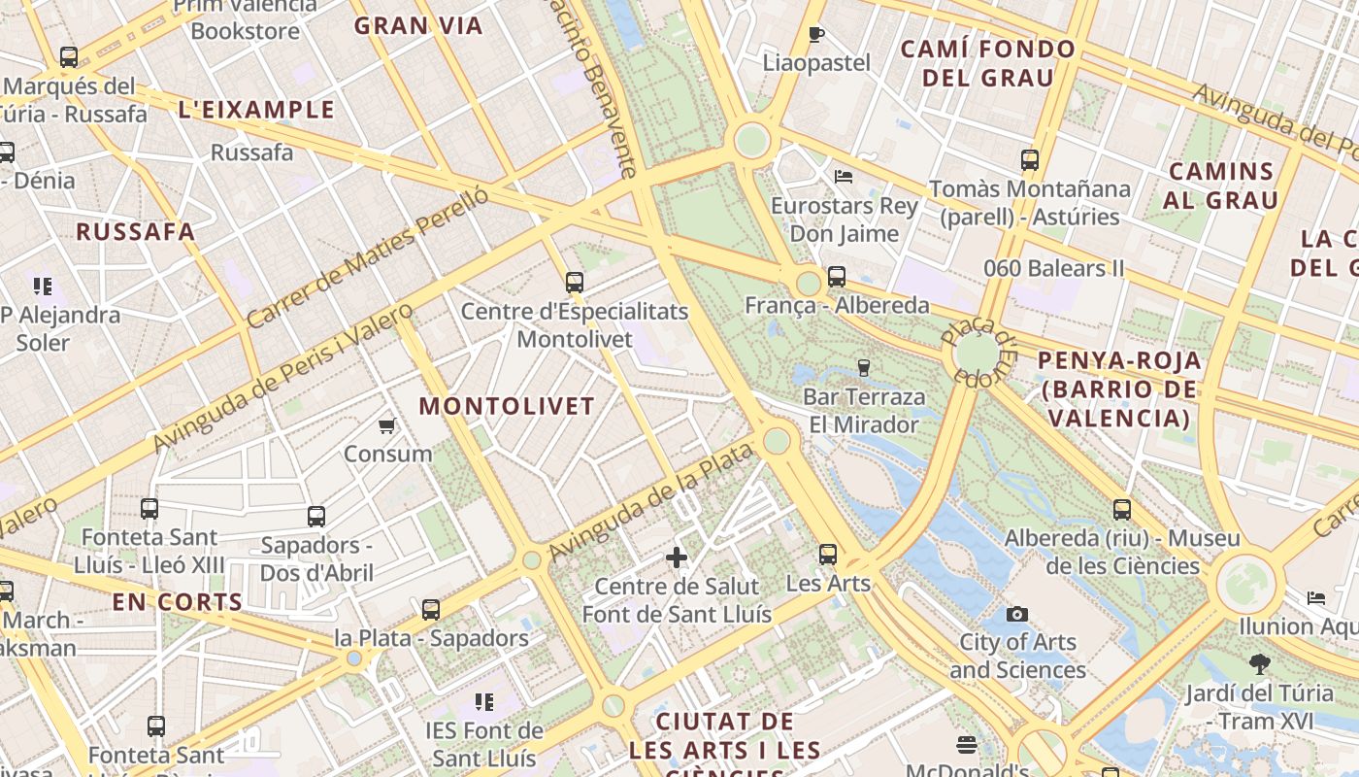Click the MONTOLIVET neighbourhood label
click(x=507, y=406)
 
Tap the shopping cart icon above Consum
click(x=387, y=425)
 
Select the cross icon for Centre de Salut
click(x=677, y=557)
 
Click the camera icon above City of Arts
click(x=1017, y=614)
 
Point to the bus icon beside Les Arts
click(x=827, y=555)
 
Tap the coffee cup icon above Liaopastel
click(x=816, y=35)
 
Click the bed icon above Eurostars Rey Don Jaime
click(x=844, y=177)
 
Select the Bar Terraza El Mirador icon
click(x=863, y=368)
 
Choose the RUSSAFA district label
click(x=136, y=232)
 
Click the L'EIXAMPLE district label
click(x=256, y=110)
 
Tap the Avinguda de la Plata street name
click(x=650, y=502)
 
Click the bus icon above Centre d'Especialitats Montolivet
click(x=575, y=283)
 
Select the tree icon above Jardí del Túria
click(x=1260, y=664)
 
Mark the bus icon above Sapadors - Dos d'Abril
click(x=316, y=517)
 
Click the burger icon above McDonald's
click(x=966, y=745)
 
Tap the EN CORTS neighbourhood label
click(x=178, y=602)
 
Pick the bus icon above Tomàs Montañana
click(x=1030, y=160)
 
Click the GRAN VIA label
click(x=418, y=26)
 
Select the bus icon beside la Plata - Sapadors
click(x=431, y=610)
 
